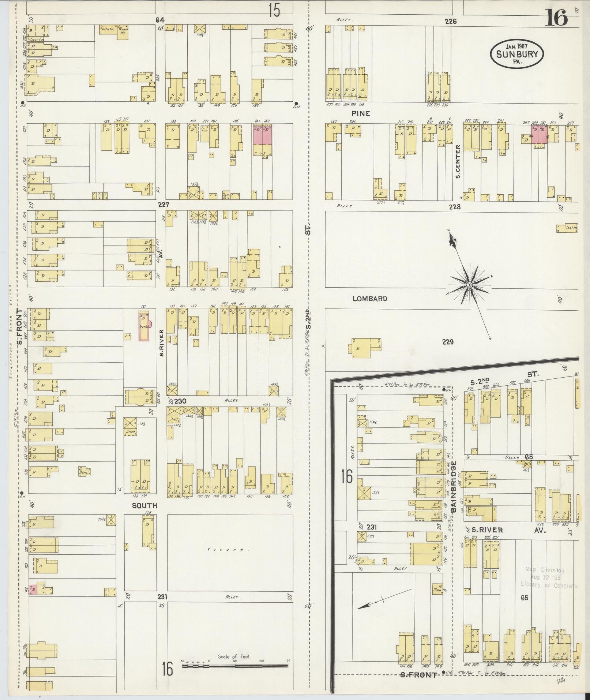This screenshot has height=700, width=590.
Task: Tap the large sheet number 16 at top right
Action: click(x=556, y=18)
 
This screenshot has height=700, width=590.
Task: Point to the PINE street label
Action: click(x=361, y=114)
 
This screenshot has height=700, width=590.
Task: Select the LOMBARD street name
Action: click(x=370, y=299)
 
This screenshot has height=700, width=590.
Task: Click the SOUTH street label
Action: click(x=144, y=505)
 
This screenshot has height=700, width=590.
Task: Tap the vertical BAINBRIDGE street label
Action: click(x=454, y=486)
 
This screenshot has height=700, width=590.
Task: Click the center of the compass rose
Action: click(x=469, y=284)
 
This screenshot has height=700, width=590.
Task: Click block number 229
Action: click(x=448, y=342)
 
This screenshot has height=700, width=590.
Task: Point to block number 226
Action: click(x=451, y=22)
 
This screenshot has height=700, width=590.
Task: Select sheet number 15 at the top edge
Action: click(x=274, y=10)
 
